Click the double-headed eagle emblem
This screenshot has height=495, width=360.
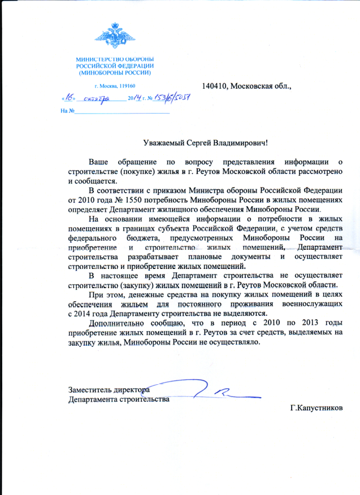pyautogui.click(x=115, y=35)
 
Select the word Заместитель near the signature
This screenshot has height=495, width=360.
pyautogui.click(x=90, y=390)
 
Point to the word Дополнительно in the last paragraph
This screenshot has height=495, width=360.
pyautogui.click(x=118, y=323)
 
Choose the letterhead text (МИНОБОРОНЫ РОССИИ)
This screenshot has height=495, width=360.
pyautogui.click(x=115, y=73)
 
